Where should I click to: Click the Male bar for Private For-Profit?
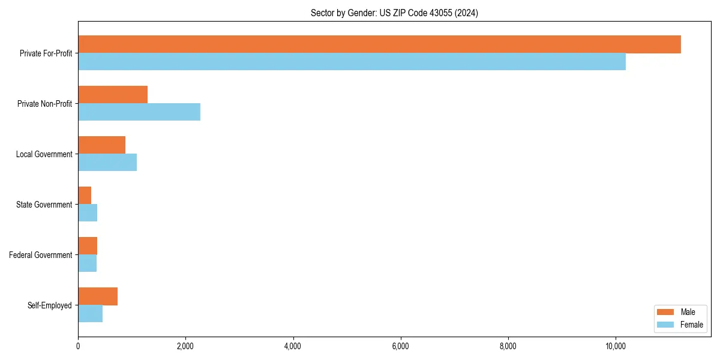379,44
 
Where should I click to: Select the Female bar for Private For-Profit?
352,62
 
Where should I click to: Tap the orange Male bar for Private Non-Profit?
113,95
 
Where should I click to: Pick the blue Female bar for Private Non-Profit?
139,112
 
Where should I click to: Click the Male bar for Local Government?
101,145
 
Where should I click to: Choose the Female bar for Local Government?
107,163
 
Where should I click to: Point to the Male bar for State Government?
85,196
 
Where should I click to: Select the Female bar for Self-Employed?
90,314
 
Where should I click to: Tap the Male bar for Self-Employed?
98,296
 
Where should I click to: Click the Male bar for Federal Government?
88,246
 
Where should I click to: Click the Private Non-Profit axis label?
44,104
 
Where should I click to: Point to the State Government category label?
44,205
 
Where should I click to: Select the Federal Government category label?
41,255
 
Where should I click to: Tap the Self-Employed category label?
49,305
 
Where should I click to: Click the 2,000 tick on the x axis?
185,346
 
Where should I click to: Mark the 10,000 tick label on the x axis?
616,346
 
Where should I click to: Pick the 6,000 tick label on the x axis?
400,346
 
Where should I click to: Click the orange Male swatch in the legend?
666,312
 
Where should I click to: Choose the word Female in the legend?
691,325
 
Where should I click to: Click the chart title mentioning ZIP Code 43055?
394,13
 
